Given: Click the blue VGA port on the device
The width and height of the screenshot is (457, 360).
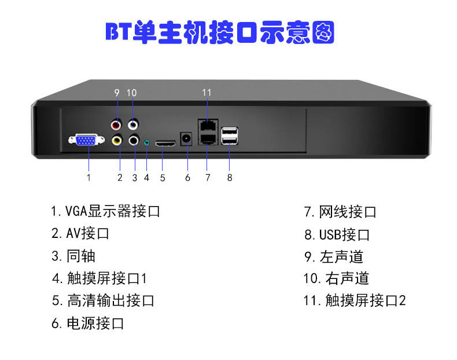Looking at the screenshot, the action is [x=86, y=140].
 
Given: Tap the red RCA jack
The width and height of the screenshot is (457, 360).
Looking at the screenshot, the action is [x=117, y=123].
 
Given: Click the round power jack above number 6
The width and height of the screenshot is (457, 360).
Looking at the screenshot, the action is [x=187, y=139].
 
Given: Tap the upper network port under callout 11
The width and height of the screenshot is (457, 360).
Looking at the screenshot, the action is [x=207, y=124].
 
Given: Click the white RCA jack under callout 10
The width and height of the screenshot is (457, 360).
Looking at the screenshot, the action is [x=134, y=123].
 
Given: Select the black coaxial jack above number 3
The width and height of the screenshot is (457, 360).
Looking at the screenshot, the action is [x=134, y=139].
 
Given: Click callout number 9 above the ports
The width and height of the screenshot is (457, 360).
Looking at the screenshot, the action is [x=117, y=93].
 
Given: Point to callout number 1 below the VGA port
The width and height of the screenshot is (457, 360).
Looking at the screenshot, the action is [x=89, y=178].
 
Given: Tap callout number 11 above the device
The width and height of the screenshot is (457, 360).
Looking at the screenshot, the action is [x=207, y=93].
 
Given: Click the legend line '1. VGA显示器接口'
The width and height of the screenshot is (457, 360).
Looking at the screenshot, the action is [x=105, y=211].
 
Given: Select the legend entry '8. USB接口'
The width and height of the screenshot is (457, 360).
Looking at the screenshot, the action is [x=337, y=234].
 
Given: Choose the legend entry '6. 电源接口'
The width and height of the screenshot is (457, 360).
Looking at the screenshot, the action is [x=88, y=323].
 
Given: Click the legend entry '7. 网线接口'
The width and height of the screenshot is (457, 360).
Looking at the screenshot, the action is [x=340, y=212].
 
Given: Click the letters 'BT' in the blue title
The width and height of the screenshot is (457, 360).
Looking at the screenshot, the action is [x=119, y=32].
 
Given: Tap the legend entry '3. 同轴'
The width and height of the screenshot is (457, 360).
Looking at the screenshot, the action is [x=73, y=256].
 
